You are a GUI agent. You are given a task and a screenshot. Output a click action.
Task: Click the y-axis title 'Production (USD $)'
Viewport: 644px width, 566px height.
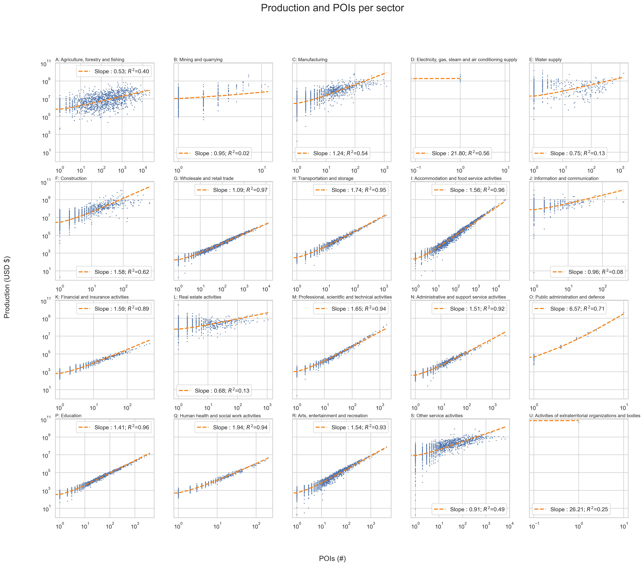click(x=7, y=287)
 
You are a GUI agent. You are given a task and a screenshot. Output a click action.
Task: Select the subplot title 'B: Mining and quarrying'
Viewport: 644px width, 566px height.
click(x=198, y=59)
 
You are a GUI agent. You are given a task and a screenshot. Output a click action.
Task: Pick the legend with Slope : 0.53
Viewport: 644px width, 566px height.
click(x=114, y=72)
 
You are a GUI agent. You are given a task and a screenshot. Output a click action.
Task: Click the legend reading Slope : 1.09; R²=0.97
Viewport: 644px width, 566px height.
click(x=232, y=190)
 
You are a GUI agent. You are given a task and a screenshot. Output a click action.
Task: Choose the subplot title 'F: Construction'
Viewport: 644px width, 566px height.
click(x=71, y=178)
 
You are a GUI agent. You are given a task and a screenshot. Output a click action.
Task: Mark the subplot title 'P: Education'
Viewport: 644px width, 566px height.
click(x=68, y=415)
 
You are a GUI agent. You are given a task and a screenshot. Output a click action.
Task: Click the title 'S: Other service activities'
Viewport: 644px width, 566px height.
click(x=437, y=415)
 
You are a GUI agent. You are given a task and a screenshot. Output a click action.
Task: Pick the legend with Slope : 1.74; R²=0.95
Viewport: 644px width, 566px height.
click(x=351, y=190)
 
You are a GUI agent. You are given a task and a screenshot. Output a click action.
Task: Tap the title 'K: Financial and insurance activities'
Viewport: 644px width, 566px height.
click(x=92, y=297)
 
